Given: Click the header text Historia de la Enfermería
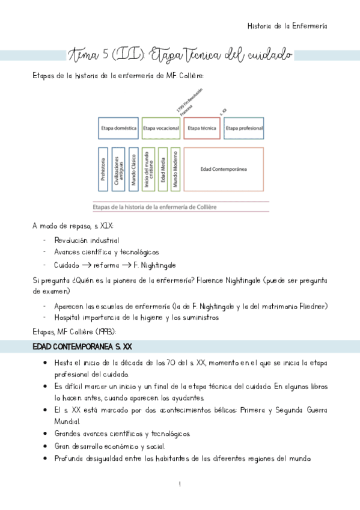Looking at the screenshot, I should [287, 26].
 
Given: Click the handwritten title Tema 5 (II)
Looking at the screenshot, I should [108, 55].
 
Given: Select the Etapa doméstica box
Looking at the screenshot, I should [118, 128].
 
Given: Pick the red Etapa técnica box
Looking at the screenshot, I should [201, 128].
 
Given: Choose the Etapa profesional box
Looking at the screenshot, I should [243, 128].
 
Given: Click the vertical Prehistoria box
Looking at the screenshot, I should [102, 170].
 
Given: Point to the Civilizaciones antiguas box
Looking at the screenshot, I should [118, 170].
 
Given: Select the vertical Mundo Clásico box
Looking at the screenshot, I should [133, 170].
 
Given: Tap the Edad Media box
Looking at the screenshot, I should [163, 170].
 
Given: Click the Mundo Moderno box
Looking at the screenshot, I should [175, 170].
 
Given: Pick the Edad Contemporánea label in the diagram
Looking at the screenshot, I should [224, 169].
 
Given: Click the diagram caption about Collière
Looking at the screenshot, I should [154, 207].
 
